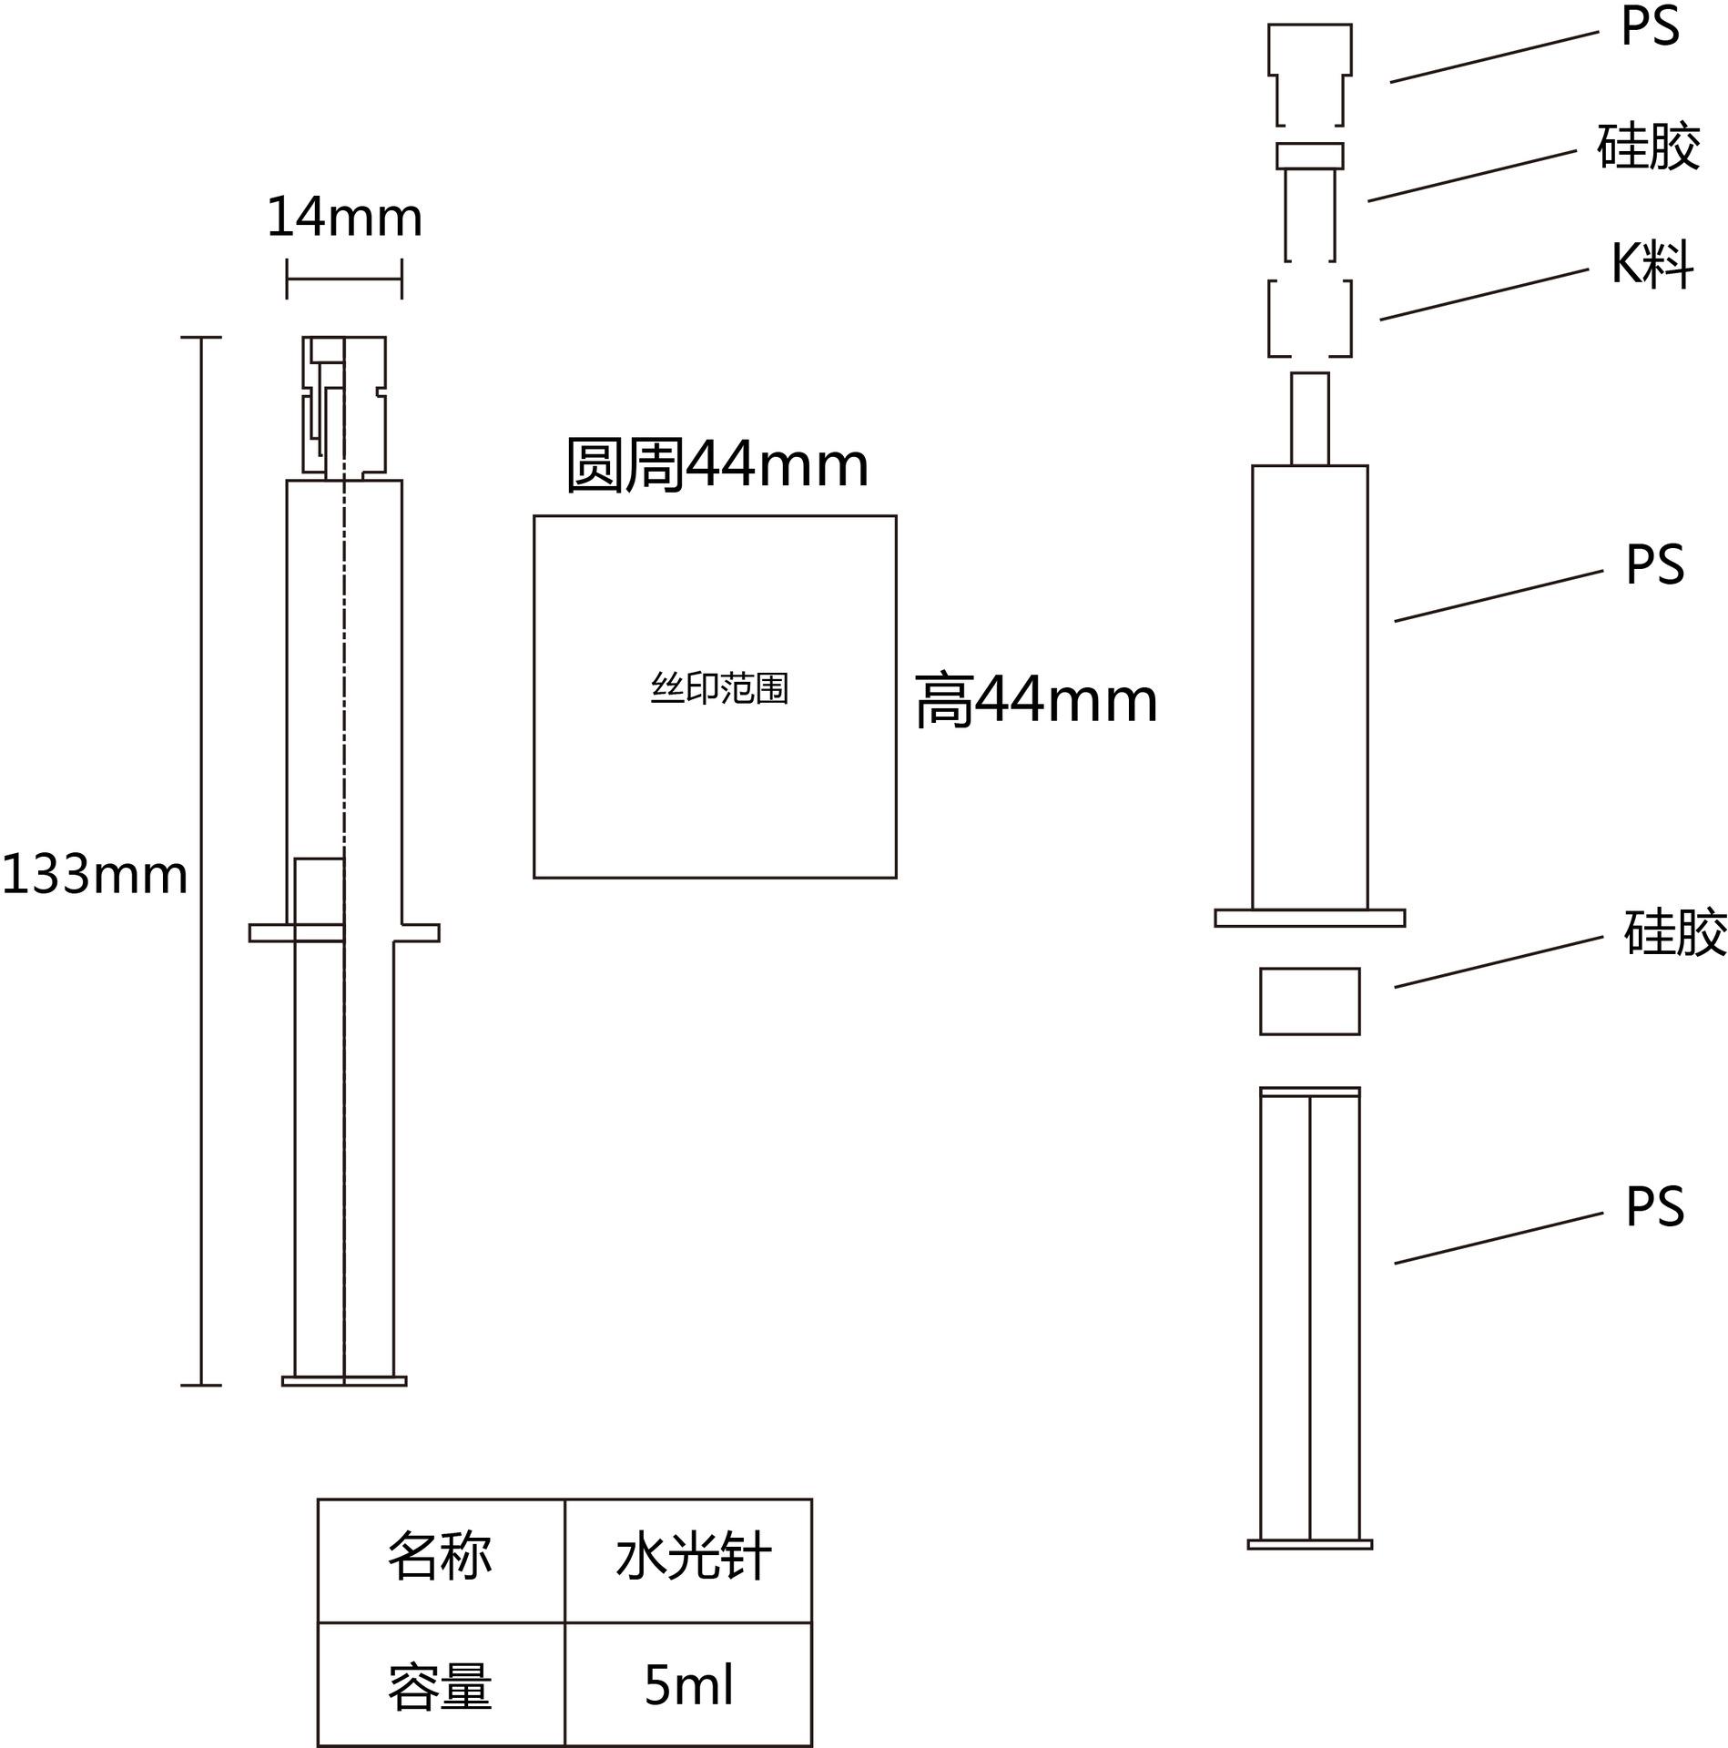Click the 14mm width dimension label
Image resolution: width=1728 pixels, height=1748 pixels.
tap(344, 218)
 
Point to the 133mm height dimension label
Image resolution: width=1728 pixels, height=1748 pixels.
tap(95, 875)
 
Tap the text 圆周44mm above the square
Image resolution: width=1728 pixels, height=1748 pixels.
tap(717, 465)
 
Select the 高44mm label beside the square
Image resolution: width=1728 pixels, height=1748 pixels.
tap(1036, 701)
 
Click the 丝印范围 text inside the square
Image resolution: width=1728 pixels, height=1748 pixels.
tap(719, 689)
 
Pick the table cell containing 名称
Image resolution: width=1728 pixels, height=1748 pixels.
tap(442, 1557)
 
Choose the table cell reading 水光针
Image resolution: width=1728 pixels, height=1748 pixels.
tap(688, 1557)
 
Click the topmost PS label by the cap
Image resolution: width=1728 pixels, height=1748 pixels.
tap(1651, 27)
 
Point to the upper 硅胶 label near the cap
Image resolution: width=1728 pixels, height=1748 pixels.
tap(1649, 146)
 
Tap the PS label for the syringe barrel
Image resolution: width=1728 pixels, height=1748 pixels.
tap(1655, 565)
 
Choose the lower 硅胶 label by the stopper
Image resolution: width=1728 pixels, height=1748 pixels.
tap(1676, 932)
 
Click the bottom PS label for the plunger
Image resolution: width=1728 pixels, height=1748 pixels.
tap(1655, 1207)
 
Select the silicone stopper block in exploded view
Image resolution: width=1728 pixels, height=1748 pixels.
tap(1309, 1001)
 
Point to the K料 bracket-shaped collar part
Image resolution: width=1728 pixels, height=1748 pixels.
tap(1270, 319)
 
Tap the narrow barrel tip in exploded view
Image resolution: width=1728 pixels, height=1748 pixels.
tap(1309, 419)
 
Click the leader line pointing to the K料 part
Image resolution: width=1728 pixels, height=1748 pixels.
tap(1484, 294)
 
